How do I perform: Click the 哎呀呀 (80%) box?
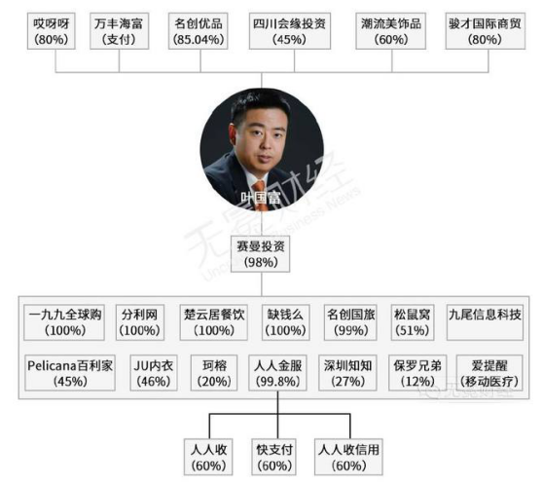[x=52, y=31]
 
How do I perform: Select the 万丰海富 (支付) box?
[x=119, y=31]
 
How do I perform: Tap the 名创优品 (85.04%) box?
[x=199, y=31]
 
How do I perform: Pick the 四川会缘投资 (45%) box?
[x=290, y=31]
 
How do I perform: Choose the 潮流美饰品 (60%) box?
[x=390, y=31]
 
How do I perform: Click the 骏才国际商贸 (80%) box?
[x=486, y=31]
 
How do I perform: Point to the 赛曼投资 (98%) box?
[x=261, y=254]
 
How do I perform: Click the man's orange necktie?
[x=261, y=194]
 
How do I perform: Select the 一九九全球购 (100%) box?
[x=64, y=322]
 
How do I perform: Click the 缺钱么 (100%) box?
[x=286, y=322]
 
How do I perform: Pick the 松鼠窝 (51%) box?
[x=413, y=322]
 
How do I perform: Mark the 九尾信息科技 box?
[x=485, y=322]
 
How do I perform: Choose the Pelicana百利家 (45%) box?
[x=70, y=373]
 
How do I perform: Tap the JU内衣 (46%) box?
[x=154, y=373]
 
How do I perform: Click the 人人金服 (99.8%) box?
[x=277, y=373]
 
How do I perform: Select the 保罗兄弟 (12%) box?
[x=417, y=373]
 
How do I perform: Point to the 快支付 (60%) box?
[x=273, y=457]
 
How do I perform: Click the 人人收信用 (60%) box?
[x=348, y=457]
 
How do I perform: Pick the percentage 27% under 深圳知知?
[x=348, y=382]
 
